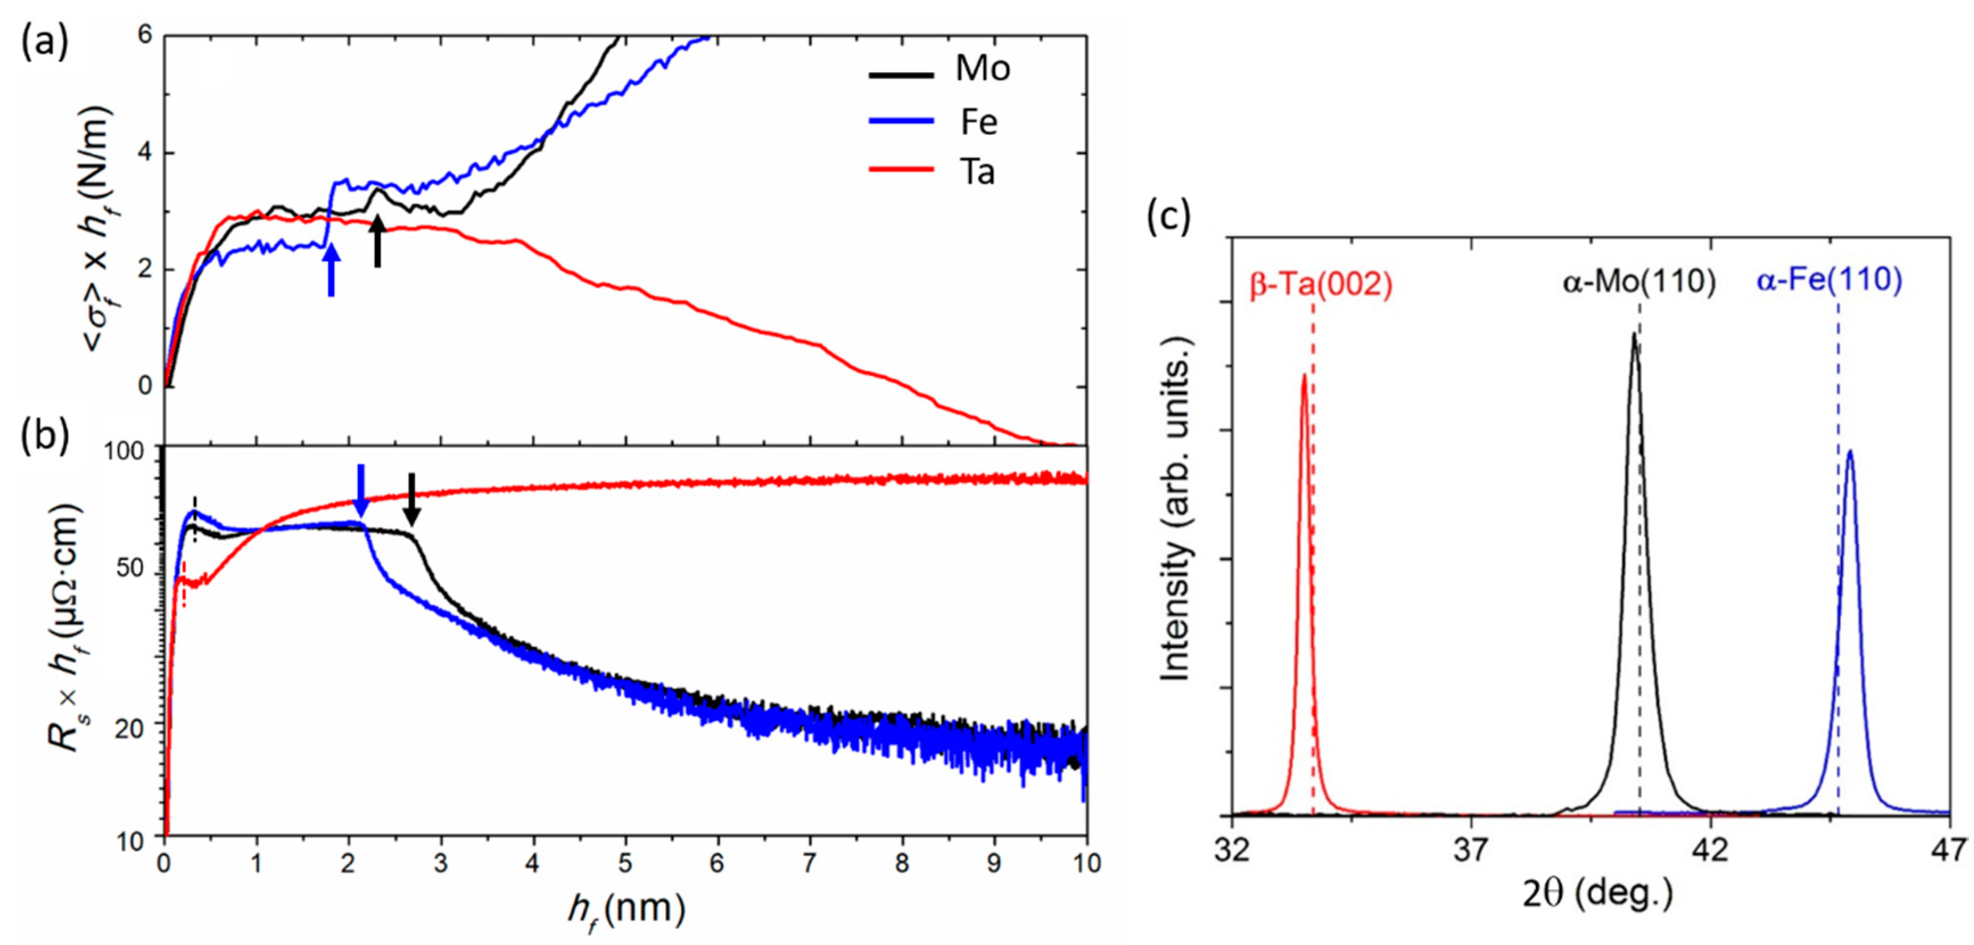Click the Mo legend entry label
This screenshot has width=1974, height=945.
[982, 69]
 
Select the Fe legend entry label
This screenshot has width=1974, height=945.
[979, 122]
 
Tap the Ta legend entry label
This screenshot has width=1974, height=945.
[978, 172]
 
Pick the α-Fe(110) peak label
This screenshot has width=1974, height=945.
[1829, 280]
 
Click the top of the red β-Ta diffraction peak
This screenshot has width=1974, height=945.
[1304, 376]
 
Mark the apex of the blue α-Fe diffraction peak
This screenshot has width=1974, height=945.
[1850, 452]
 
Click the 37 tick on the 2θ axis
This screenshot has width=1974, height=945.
[1470, 851]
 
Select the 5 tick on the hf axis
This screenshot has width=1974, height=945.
[625, 864]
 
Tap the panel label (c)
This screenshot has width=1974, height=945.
[1169, 216]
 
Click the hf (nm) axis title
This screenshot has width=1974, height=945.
[626, 910]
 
